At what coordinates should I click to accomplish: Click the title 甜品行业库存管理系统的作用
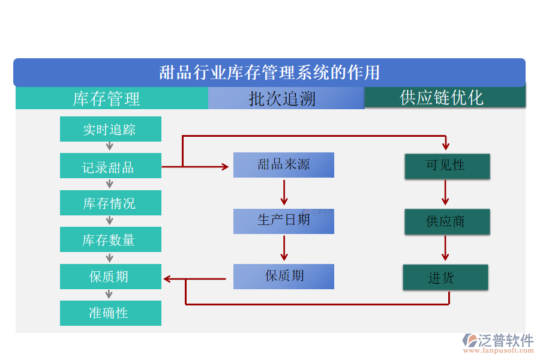pyautogui.click(x=269, y=73)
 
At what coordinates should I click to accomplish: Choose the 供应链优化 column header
pyautogui.click(x=445, y=98)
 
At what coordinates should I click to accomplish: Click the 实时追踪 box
pyautogui.click(x=110, y=129)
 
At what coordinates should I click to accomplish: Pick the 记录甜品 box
pyautogui.click(x=110, y=166)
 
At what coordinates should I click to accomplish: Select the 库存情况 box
pyautogui.click(x=110, y=203)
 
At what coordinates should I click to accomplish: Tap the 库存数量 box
pyautogui.click(x=110, y=239)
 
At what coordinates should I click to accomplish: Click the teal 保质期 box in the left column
pyautogui.click(x=110, y=277)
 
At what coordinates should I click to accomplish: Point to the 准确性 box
pyautogui.click(x=110, y=313)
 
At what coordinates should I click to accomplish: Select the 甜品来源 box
pyautogui.click(x=283, y=165)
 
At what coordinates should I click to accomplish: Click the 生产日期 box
pyautogui.click(x=283, y=221)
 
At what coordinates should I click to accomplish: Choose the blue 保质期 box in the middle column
pyautogui.click(x=283, y=276)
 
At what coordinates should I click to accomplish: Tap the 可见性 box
pyautogui.click(x=446, y=166)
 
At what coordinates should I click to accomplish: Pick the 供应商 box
pyautogui.click(x=446, y=221)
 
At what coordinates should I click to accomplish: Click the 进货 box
pyautogui.click(x=445, y=277)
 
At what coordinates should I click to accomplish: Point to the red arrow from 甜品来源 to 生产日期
pyautogui.click(x=284, y=193)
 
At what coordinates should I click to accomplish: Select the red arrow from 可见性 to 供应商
pyautogui.click(x=445, y=193)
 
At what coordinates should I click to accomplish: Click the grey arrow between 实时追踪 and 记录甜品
pyautogui.click(x=110, y=147)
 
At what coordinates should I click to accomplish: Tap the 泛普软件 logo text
pyautogui.click(x=505, y=341)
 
